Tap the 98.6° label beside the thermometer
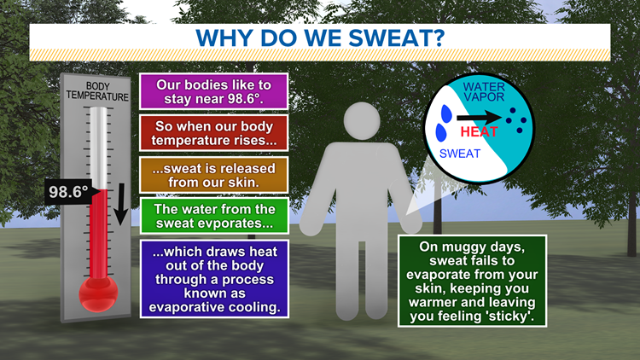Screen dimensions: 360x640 [x=67, y=192]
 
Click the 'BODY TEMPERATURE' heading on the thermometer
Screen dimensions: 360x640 [x=97, y=92]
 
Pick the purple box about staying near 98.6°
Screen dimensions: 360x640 [x=213, y=91]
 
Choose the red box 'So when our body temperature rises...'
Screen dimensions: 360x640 [x=213, y=132]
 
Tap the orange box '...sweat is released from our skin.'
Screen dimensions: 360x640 [x=213, y=173]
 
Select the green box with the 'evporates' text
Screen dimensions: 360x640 [x=213, y=215]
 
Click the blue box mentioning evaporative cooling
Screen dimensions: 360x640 [x=213, y=276]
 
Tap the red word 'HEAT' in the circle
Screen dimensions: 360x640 [x=479, y=132]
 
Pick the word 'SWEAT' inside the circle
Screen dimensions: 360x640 [x=459, y=154]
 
